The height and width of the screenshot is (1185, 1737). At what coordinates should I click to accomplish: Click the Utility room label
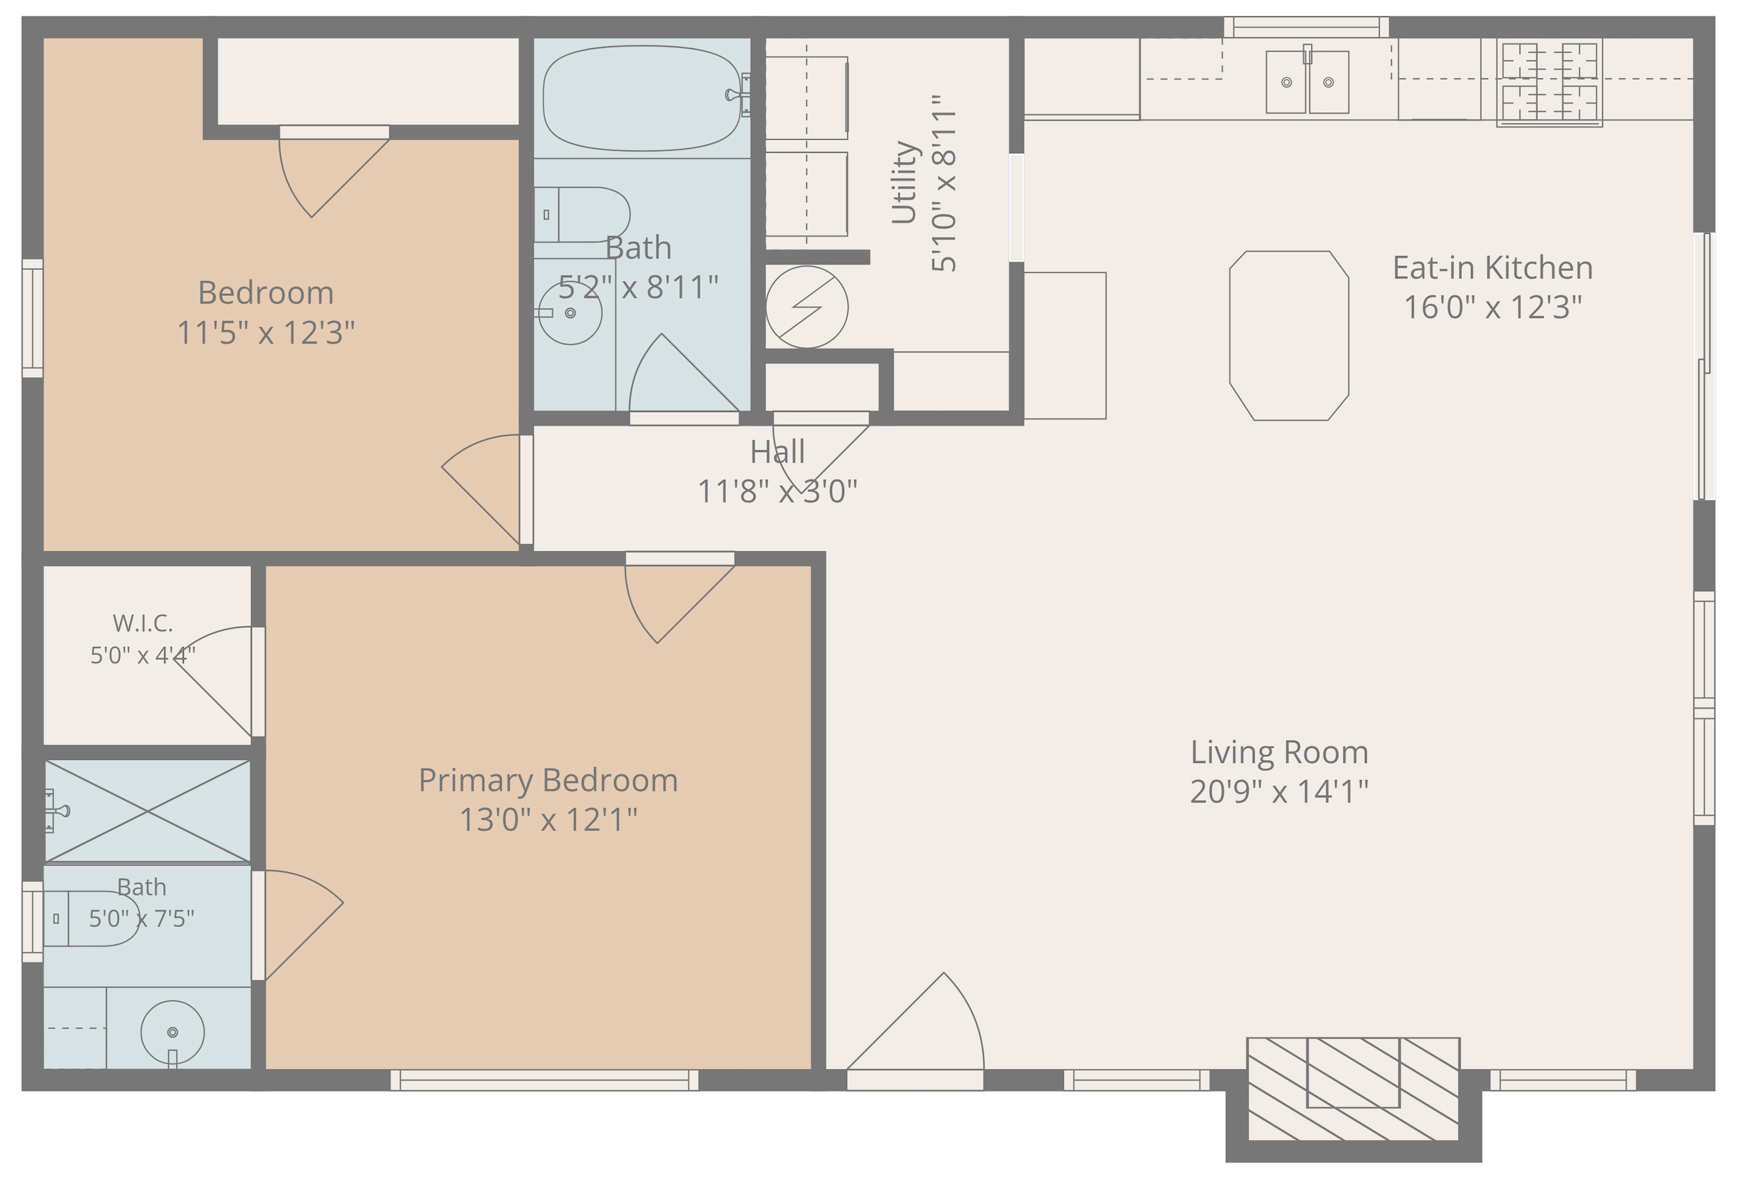point(903,183)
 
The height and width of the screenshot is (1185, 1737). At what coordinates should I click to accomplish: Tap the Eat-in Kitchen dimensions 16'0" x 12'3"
point(1492,307)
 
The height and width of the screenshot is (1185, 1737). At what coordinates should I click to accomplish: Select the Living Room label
point(1279,752)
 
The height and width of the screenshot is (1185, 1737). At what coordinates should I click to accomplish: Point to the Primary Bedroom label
point(548,781)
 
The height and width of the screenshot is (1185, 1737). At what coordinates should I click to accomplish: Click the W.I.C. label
point(143,622)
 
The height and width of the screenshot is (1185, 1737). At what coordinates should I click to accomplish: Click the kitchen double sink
point(1307,81)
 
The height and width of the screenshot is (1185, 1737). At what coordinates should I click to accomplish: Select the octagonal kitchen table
point(1289,336)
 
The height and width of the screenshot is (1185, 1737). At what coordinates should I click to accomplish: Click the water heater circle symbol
point(806,307)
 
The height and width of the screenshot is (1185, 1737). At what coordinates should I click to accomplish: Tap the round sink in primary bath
point(173,1032)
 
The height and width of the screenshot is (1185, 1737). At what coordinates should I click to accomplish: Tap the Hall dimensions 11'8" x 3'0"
point(777,492)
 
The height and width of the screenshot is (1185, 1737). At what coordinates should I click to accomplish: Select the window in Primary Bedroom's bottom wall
point(544,1079)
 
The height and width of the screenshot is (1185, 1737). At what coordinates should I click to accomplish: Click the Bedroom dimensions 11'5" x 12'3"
point(265,332)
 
